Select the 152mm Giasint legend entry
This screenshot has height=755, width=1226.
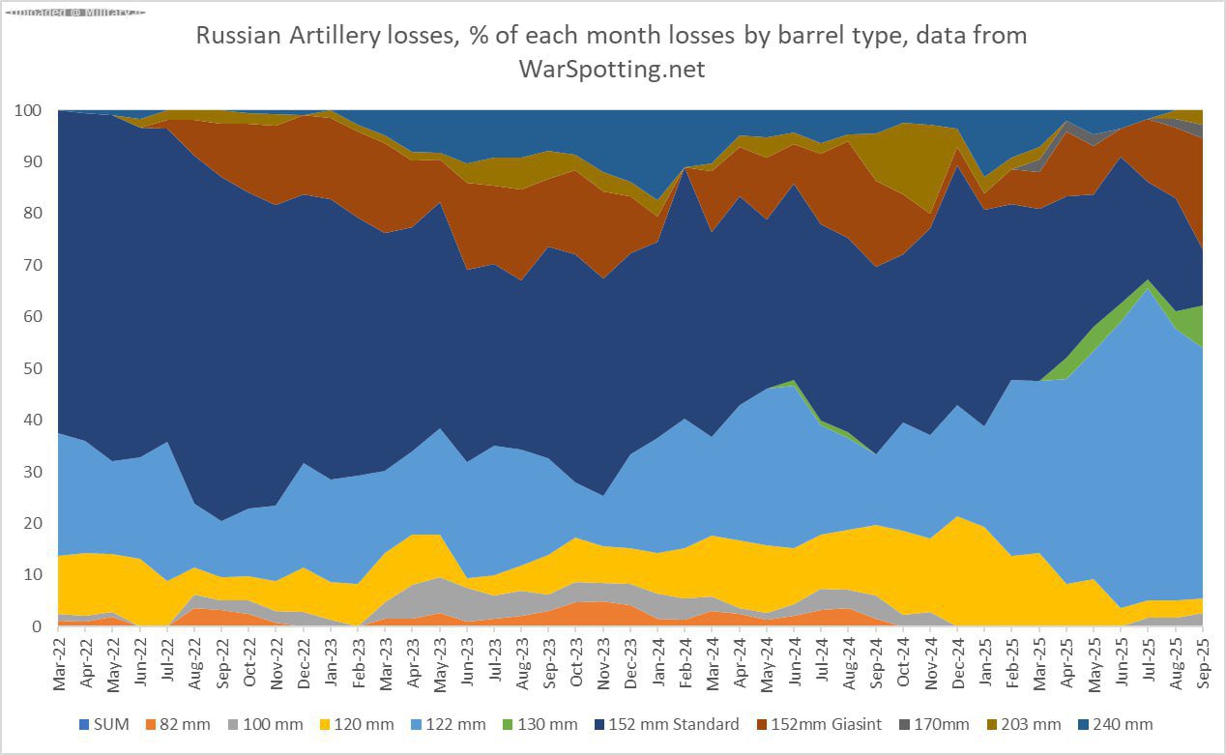(838, 724)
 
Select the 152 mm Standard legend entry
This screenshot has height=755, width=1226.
(681, 724)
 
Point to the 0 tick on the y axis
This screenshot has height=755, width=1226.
(37, 626)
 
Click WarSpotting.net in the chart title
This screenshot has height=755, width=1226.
(612, 70)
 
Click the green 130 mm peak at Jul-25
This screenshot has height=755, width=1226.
(1149, 283)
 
